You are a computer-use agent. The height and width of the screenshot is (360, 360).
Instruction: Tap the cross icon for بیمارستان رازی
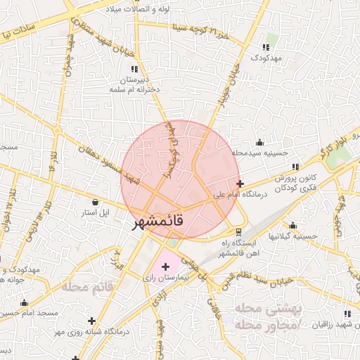click(166, 266)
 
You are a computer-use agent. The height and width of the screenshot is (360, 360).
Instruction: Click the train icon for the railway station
click(239, 231)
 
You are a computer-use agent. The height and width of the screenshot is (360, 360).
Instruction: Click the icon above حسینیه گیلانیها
click(292, 226)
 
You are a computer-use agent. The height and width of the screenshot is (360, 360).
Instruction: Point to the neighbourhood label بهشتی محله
click(266, 309)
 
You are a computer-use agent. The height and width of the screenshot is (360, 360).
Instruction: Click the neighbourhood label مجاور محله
click(266, 324)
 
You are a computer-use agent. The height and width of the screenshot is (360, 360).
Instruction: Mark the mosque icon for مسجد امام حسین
click(25, 303)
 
